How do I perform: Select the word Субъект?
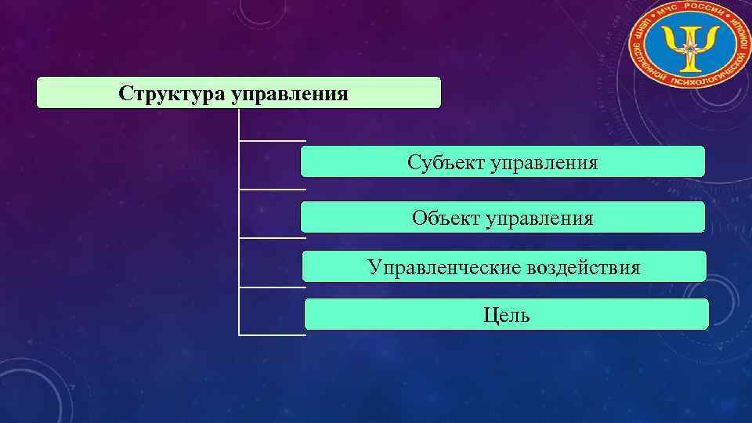click(445, 163)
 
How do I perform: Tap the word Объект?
click(446, 217)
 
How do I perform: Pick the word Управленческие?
click(443, 268)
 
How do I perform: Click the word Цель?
click(506, 315)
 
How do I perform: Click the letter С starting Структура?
click(125, 94)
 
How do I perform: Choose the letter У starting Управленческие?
click(374, 268)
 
